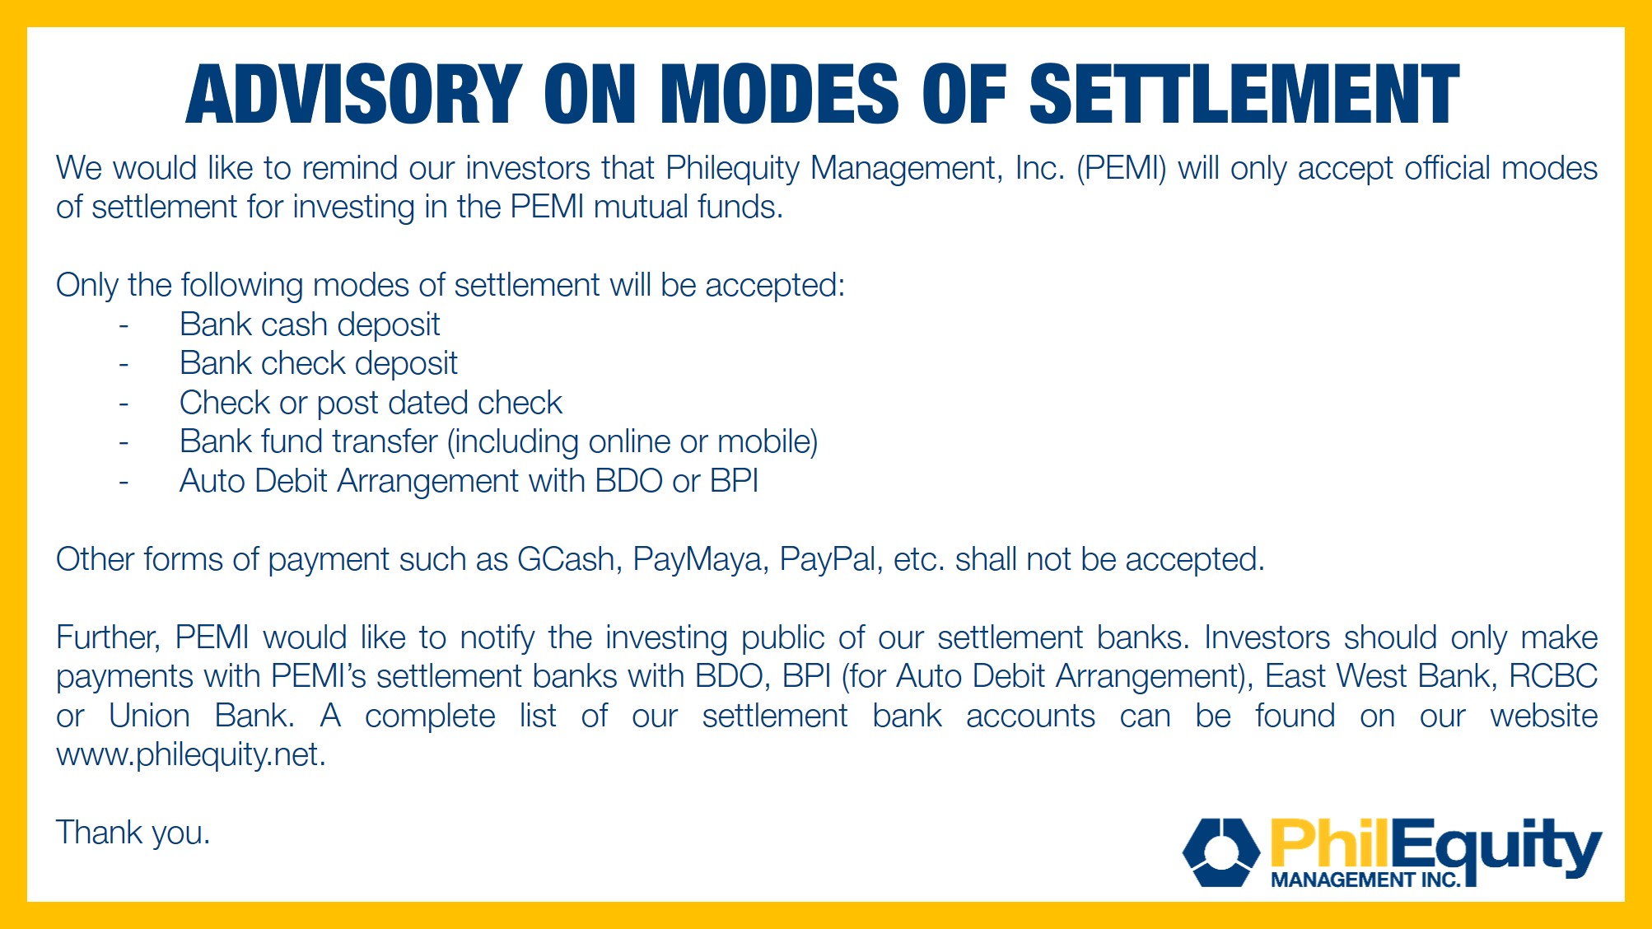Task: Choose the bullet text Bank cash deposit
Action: (310, 325)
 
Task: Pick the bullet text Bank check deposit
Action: (319, 364)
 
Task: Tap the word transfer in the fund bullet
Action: (385, 441)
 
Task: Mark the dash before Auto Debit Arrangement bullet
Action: (124, 482)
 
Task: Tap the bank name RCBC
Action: (1553, 676)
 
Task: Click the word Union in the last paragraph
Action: (149, 716)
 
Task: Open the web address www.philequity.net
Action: (191, 755)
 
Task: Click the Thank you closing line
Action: (133, 833)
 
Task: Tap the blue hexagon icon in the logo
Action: (1221, 852)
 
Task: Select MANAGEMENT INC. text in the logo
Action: (1365, 880)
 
